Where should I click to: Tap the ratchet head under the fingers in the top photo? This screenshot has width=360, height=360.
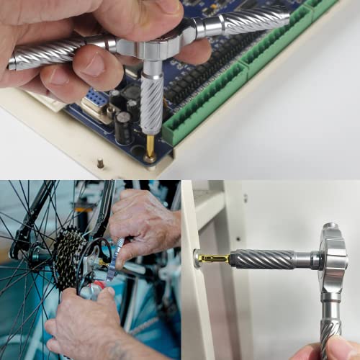[x=147, y=48]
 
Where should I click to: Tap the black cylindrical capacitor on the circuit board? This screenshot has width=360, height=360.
[x=123, y=127]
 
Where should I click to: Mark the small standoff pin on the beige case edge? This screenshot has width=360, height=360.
[x=100, y=163]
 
